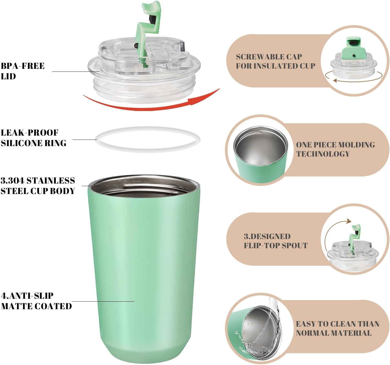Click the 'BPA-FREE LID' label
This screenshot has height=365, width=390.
[x=22, y=71]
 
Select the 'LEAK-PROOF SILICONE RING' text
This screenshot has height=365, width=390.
[x=33, y=138]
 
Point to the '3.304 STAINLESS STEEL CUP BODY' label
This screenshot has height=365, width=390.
[x=38, y=186]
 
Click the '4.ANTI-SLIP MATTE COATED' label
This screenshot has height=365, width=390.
[x=36, y=301]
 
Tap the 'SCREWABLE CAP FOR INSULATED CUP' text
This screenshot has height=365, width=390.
[x=275, y=61]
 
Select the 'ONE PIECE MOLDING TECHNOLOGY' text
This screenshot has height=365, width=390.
[x=335, y=149]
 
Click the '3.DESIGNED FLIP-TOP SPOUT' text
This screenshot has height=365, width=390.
[x=275, y=241]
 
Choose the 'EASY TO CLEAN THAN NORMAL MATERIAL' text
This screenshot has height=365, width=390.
[x=337, y=328]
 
